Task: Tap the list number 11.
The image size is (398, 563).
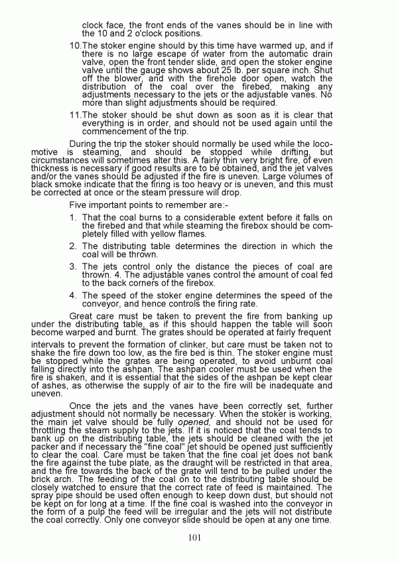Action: coord(75,115)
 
